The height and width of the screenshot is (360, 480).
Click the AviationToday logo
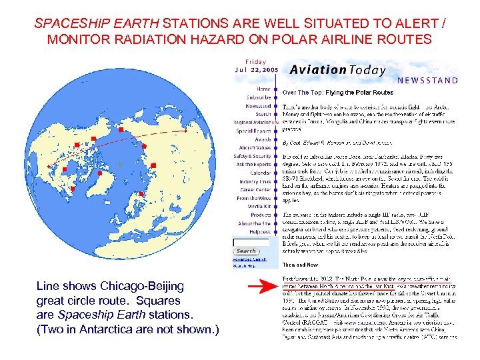[337, 69]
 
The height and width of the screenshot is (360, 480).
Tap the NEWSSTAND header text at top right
[427, 81]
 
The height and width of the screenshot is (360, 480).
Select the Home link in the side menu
[263, 89]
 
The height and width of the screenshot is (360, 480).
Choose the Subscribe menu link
[258, 97]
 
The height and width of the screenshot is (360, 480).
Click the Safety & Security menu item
[253, 156]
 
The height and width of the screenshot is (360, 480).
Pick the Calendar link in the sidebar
[260, 173]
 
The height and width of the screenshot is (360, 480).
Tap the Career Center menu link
[256, 189]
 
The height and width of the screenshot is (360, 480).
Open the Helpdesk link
[259, 231]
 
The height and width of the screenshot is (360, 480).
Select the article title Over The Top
[338, 92]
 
